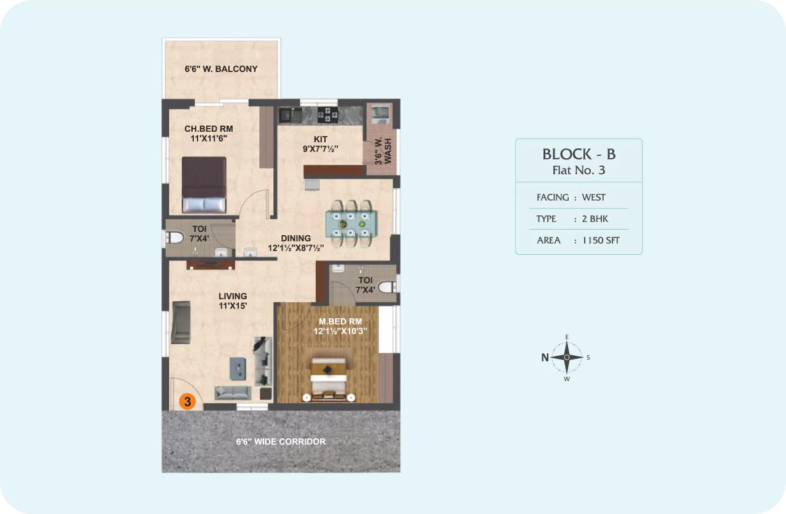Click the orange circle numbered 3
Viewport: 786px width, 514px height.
187,401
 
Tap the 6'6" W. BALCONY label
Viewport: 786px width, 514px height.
221,69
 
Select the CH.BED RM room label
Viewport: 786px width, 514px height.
209,129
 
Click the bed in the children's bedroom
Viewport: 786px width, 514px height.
204,185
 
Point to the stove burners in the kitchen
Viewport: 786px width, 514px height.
327,114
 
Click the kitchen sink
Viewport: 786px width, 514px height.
290,115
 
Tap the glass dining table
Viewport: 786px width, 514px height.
351,224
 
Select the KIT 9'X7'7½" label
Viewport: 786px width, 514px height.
320,144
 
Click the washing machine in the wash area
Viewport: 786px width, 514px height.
380,113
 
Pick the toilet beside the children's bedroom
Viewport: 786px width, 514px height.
174,238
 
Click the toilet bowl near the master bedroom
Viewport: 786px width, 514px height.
388,287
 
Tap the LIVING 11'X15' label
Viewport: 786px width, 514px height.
233,301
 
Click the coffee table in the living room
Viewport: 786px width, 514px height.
238,368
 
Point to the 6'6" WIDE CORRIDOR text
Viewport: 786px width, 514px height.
281,442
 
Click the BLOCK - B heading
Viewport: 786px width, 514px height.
579,155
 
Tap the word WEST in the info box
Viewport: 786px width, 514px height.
594,198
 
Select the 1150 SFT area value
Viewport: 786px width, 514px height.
601,240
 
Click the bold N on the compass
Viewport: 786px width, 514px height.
545,358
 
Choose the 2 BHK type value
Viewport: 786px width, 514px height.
595,219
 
